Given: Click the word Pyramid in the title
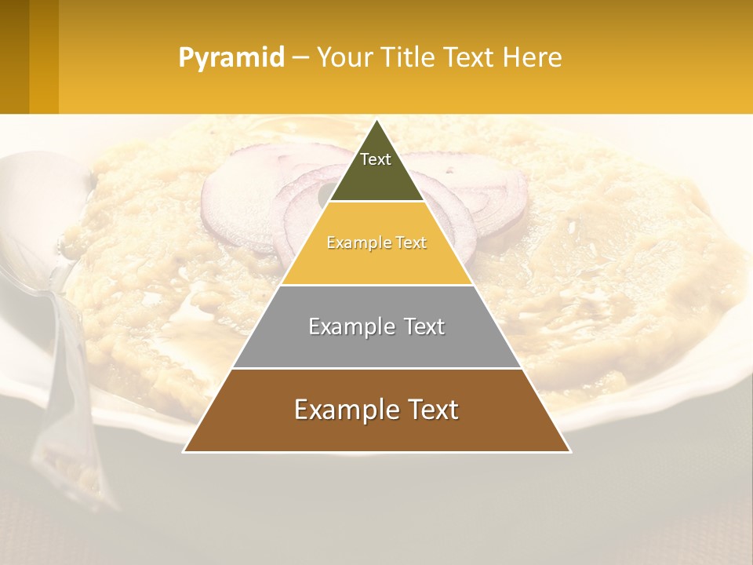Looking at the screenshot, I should pos(231,58).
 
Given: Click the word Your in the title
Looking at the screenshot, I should pos(344,58).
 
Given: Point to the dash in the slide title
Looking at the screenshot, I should pos(300,58).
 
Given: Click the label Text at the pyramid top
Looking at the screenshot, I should pos(376,159).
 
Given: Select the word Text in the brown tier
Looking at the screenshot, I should pos(431,410).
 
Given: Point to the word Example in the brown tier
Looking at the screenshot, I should pos(346,410).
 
